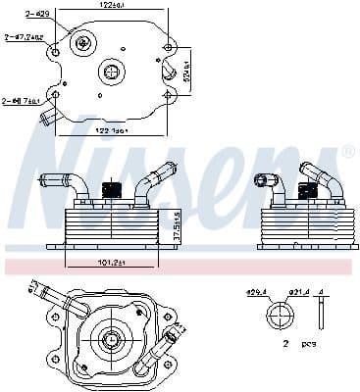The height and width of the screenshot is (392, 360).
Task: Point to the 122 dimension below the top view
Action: coord(117,129)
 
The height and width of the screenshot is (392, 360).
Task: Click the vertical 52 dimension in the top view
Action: coord(187,71)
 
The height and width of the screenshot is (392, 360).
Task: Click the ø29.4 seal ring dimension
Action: coord(257,293)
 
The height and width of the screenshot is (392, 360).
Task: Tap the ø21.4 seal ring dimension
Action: coord(291,293)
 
